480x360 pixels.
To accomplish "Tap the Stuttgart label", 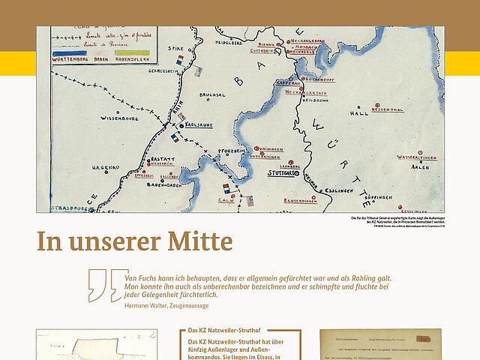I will (x=283, y=172).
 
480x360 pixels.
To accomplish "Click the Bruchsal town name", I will (x=212, y=94).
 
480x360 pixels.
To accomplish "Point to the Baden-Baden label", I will (x=163, y=184).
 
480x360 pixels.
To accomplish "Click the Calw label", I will (x=226, y=200).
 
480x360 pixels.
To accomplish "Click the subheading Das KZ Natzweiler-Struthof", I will (x=223, y=330).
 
